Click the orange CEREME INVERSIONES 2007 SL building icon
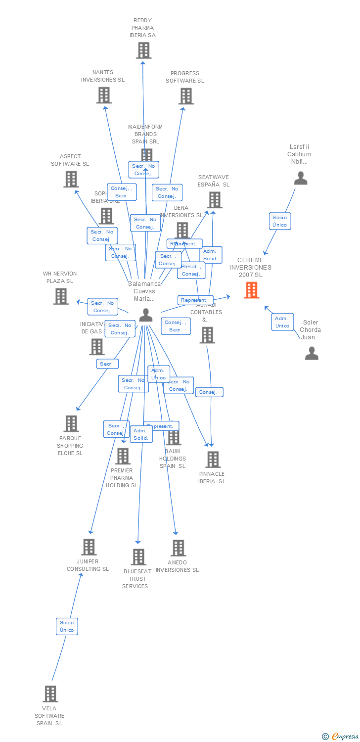point(252,290)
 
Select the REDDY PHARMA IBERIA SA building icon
point(143,50)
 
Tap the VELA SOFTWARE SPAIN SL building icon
point(50,694)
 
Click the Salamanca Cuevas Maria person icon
point(146,315)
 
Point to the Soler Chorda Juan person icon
point(312,353)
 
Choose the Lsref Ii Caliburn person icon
point(301,178)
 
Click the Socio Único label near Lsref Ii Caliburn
point(279,221)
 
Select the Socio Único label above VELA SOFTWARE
point(67,626)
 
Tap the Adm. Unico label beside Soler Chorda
point(282,322)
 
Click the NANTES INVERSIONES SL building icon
point(104,95)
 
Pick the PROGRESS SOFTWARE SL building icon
point(186,96)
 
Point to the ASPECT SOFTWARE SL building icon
point(71,179)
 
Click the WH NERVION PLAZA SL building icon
point(61,296)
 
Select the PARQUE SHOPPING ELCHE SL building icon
point(71,423)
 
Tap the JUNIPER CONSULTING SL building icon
point(89,547)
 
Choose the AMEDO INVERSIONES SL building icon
point(178,548)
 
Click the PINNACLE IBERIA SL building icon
point(213,460)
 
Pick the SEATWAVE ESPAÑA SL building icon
point(215,200)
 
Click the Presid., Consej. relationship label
point(191,270)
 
